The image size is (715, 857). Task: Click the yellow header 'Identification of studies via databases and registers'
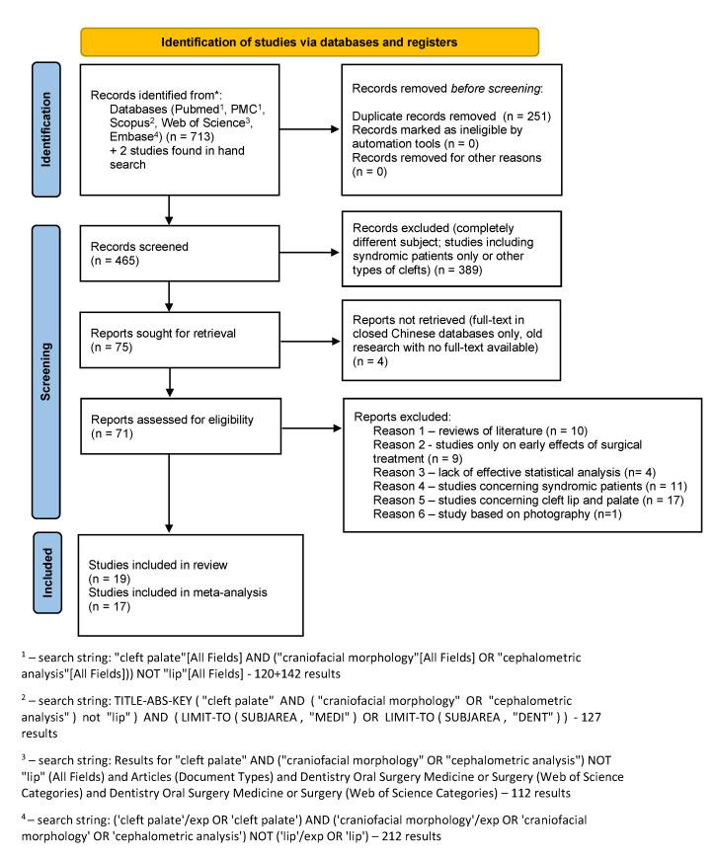310,41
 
